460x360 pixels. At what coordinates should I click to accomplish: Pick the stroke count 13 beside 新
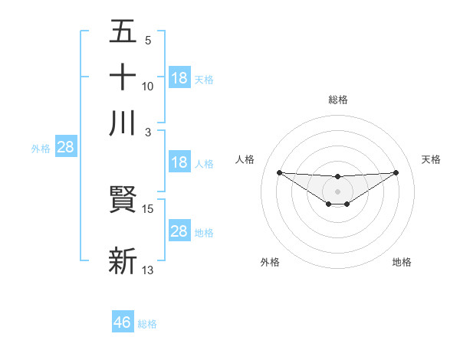click(148, 270)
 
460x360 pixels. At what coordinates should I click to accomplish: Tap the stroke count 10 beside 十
click(148, 86)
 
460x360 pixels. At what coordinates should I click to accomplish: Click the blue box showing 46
click(123, 322)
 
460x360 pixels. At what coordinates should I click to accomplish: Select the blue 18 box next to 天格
click(179, 78)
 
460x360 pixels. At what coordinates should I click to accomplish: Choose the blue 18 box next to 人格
click(179, 162)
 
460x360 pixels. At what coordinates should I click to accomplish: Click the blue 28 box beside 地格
click(179, 231)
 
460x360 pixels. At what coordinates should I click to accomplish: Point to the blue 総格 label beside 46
click(147, 324)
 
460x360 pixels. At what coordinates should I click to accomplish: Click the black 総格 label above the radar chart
click(337, 100)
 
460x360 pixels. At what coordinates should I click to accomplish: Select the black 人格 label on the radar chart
click(245, 159)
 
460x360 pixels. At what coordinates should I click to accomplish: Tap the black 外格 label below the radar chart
click(270, 262)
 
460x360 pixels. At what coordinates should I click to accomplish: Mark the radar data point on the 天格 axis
click(396, 172)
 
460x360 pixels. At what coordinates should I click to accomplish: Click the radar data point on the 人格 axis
click(279, 172)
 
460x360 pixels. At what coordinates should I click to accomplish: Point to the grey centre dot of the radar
click(337, 191)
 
